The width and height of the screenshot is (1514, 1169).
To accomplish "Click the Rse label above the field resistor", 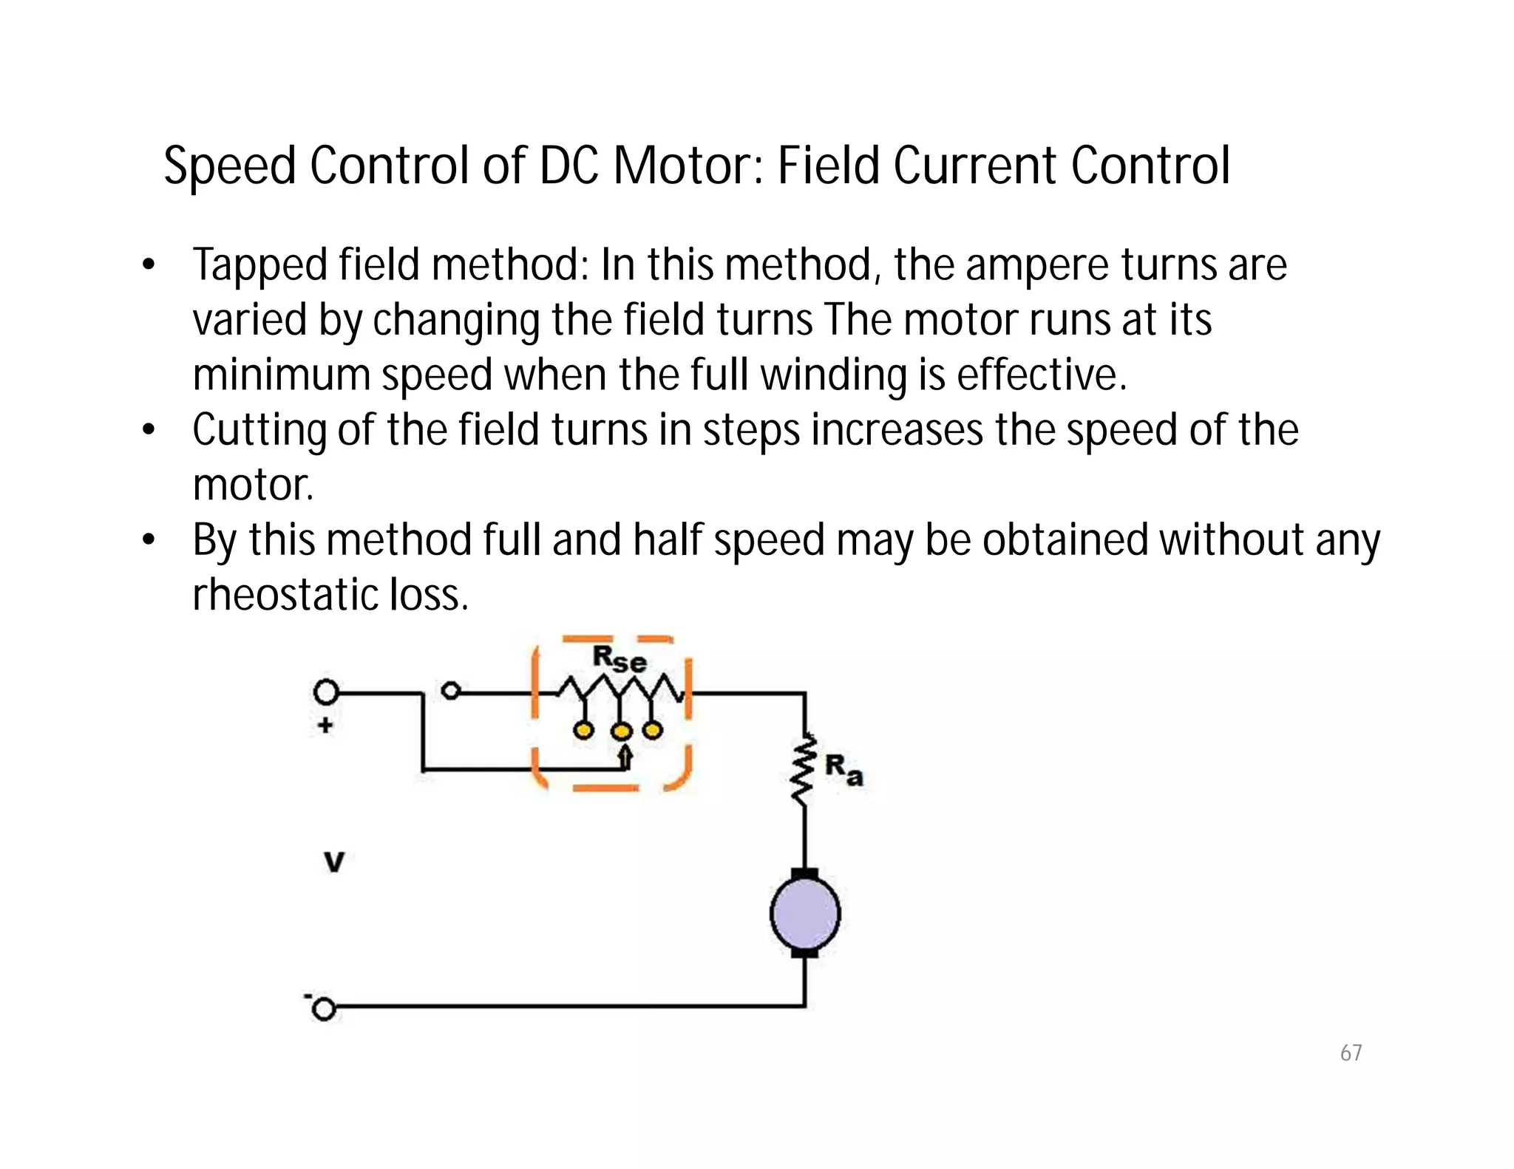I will [x=619, y=658].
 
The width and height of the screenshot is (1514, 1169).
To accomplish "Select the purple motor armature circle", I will [x=805, y=913].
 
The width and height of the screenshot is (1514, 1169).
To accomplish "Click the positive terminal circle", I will [x=326, y=692].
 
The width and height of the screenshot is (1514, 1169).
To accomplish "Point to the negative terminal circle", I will [x=324, y=1009].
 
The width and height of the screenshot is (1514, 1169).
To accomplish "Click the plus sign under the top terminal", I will [x=325, y=726].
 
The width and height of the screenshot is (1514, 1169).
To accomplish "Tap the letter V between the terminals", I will [x=334, y=862].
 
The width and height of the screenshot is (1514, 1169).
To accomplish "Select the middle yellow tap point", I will [x=622, y=732].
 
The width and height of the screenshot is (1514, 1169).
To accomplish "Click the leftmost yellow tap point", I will [x=584, y=731].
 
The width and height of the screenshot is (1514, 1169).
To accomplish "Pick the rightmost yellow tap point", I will [x=652, y=731].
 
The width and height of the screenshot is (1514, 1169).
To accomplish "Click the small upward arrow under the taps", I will [x=625, y=757].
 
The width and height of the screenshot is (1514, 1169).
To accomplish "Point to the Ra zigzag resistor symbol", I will [x=804, y=768].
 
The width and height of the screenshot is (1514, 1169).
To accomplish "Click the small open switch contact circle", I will [x=450, y=692].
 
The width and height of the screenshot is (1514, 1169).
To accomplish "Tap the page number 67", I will [x=1351, y=1052].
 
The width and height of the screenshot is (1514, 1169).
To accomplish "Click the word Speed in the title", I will [x=229, y=167].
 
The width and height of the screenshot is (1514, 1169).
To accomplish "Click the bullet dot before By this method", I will [x=149, y=540].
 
